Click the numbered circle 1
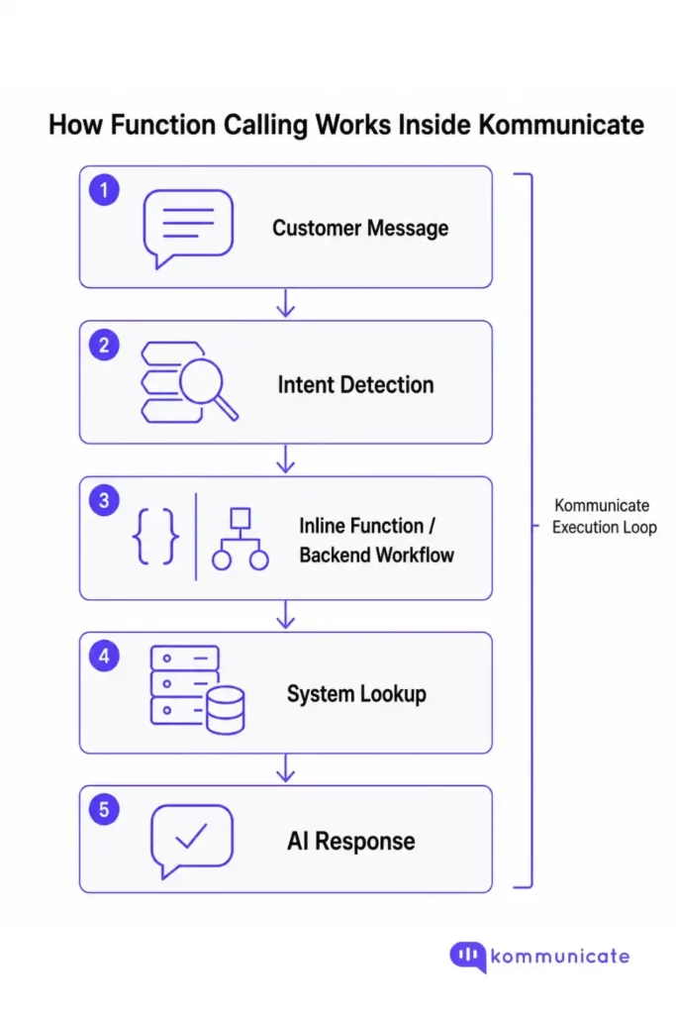[x=103, y=189]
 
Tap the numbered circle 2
[x=103, y=345]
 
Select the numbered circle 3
[x=103, y=500]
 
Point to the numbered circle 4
[x=103, y=656]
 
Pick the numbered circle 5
[x=103, y=810]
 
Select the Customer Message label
[x=360, y=229]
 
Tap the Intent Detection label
[x=355, y=384]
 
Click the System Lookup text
[x=356, y=694]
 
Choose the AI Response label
[x=351, y=842]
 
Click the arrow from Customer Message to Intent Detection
[x=286, y=304]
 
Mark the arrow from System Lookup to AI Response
[x=286, y=768]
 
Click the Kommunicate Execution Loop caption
[x=604, y=516]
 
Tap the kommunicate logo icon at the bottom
[x=467, y=957]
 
